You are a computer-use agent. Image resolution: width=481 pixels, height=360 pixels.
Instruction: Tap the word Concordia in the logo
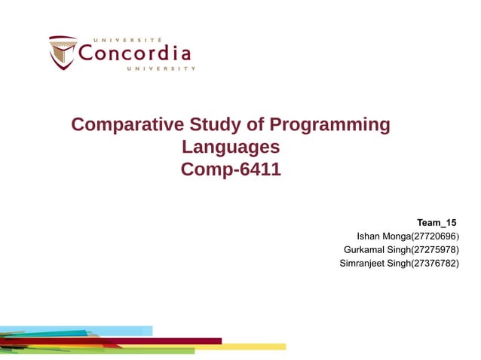135,53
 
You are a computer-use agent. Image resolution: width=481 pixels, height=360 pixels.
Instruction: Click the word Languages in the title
231,147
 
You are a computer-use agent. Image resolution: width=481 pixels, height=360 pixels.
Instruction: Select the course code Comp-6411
231,169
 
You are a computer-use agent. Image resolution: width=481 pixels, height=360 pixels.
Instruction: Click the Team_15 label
437,222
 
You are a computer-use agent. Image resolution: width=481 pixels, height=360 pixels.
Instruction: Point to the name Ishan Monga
382,236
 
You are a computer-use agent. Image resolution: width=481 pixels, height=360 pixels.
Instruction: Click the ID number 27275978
434,249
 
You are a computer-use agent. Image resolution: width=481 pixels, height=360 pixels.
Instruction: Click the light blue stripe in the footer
121,331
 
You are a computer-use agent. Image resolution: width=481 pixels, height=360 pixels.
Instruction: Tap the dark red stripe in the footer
166,340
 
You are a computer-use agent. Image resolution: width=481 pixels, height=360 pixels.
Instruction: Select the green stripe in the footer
151,350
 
